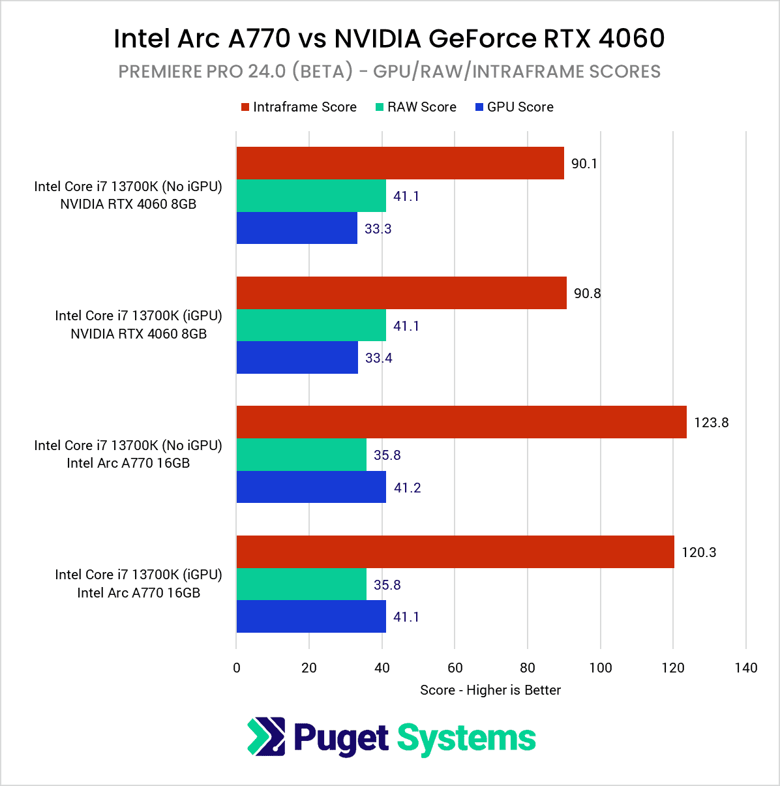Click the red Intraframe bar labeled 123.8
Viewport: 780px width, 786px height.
click(x=461, y=422)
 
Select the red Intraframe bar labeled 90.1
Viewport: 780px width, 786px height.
click(x=400, y=163)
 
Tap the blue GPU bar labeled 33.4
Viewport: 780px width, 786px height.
click(x=297, y=357)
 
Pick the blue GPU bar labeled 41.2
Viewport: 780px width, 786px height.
click(x=311, y=487)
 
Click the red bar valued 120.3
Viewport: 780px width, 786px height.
click(x=455, y=552)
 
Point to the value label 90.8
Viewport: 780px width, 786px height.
click(x=587, y=294)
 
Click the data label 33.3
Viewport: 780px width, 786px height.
click(x=378, y=229)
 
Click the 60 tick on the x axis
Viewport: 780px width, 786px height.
click(x=455, y=667)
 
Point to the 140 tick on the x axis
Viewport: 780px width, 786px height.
click(x=745, y=667)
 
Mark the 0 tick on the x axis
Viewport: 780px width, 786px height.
click(x=236, y=667)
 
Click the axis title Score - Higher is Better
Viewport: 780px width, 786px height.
click(x=490, y=690)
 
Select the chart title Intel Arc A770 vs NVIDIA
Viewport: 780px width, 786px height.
click(x=389, y=38)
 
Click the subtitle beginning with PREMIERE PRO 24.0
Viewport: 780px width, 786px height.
click(x=389, y=71)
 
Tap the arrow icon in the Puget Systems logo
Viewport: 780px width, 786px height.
click(x=266, y=737)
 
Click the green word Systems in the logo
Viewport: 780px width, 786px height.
click(x=466, y=738)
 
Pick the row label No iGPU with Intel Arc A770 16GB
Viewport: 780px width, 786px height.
click(x=128, y=454)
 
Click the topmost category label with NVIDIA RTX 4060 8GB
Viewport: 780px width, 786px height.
click(x=128, y=195)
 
